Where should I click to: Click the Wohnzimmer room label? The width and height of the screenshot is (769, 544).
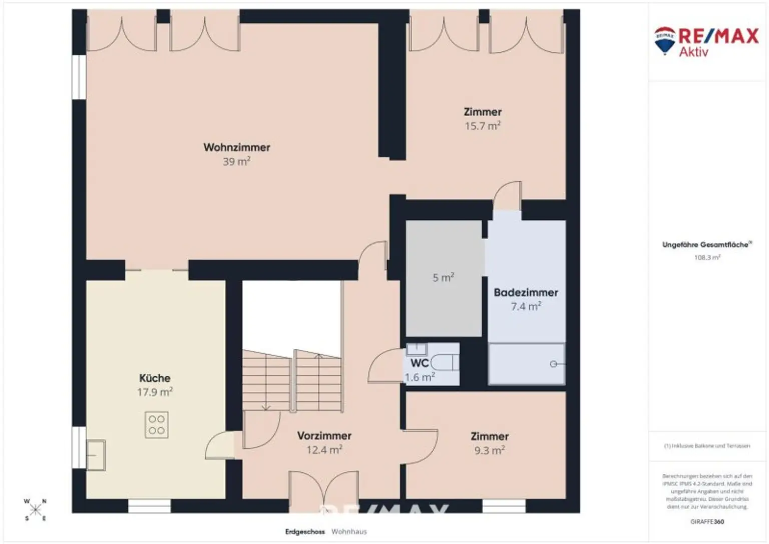[x=236, y=147]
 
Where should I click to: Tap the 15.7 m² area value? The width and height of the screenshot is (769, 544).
[x=482, y=126]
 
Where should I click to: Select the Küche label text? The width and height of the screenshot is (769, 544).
[x=155, y=378]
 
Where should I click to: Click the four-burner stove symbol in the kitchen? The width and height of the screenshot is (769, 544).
[x=157, y=425]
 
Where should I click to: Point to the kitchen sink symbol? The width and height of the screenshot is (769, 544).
[x=95, y=455]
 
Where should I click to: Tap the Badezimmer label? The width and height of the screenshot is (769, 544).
[x=526, y=293]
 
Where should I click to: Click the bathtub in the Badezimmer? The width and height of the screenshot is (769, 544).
[x=527, y=364]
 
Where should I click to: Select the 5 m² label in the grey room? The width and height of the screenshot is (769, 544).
[x=443, y=277]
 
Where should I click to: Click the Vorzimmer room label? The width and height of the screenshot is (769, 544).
[x=324, y=436]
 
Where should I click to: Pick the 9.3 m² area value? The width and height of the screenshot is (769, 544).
[x=489, y=450]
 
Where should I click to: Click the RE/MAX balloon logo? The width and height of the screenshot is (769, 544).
[x=665, y=40]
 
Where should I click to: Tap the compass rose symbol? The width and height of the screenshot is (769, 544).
[x=36, y=510]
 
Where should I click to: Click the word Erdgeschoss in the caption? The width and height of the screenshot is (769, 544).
[x=304, y=531]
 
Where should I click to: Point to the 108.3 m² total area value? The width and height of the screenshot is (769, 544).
[x=707, y=257]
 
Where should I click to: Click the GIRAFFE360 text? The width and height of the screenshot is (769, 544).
[x=707, y=521]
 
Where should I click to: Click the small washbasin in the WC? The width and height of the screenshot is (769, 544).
[x=416, y=349]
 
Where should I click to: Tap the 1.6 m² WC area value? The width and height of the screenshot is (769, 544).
[x=420, y=377]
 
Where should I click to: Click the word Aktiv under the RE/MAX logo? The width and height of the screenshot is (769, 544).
[x=693, y=52]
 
